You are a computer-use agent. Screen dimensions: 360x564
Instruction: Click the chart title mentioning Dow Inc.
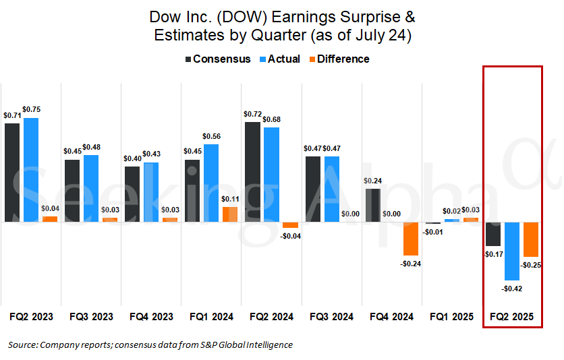coord(282,26)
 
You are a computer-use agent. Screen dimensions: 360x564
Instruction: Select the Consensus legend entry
coord(217,59)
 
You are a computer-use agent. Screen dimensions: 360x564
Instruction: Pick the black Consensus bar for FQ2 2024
coord(253,172)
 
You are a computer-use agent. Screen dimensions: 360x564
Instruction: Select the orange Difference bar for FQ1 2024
coord(230,214)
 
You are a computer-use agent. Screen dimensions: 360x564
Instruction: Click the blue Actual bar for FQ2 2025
coord(512,251)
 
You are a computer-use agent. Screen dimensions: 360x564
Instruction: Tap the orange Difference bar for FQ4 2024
coord(410,239)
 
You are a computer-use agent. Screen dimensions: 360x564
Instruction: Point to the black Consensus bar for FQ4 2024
coord(372,205)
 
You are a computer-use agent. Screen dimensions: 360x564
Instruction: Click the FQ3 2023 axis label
coord(91,316)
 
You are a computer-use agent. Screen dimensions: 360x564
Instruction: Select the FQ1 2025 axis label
coord(452,316)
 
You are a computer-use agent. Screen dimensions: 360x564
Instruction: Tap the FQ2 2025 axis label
coord(512,316)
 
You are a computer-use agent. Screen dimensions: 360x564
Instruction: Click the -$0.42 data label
coord(512,289)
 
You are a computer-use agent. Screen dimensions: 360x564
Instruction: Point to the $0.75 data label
coord(32,109)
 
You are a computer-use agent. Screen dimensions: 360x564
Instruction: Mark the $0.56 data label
coord(211,136)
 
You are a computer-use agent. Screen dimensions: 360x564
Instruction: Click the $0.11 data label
coord(231,199)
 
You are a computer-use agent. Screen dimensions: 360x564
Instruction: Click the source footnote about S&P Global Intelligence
coord(150,345)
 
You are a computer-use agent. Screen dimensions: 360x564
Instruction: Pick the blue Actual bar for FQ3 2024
coord(331,189)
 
